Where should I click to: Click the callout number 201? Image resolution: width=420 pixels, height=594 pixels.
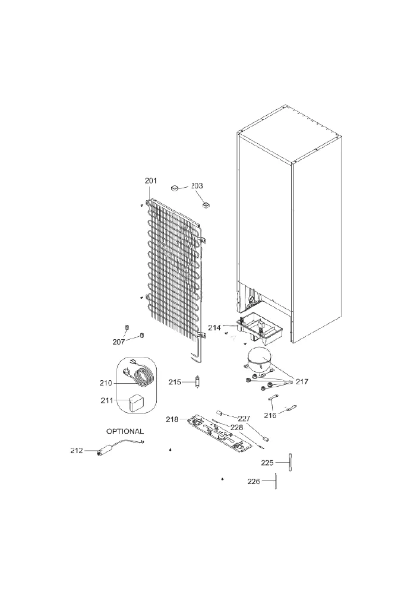[x=151, y=181]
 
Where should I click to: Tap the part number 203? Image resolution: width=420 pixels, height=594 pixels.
[x=197, y=185]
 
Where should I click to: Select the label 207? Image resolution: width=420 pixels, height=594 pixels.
[x=119, y=342]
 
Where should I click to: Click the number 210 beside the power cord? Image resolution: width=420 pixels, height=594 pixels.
[x=106, y=383]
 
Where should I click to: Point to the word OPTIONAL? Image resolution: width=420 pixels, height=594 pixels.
[x=125, y=431]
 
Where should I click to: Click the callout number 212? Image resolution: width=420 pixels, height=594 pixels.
[x=77, y=450]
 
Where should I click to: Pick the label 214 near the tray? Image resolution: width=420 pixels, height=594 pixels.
[x=214, y=328]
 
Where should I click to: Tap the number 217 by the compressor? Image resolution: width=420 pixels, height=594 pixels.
[x=302, y=381]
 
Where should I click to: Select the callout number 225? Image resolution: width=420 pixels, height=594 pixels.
[x=267, y=463]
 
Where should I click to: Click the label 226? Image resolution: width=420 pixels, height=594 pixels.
[x=254, y=482]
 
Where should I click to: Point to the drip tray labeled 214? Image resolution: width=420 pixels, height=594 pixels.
[x=260, y=328]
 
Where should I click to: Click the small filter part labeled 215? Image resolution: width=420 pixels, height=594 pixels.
[x=197, y=381]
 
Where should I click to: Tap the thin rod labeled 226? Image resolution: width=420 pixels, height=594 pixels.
[x=276, y=481]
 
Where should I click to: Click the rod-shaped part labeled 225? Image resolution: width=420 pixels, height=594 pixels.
[x=291, y=462]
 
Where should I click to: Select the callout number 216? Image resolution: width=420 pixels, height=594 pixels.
[x=270, y=415]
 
